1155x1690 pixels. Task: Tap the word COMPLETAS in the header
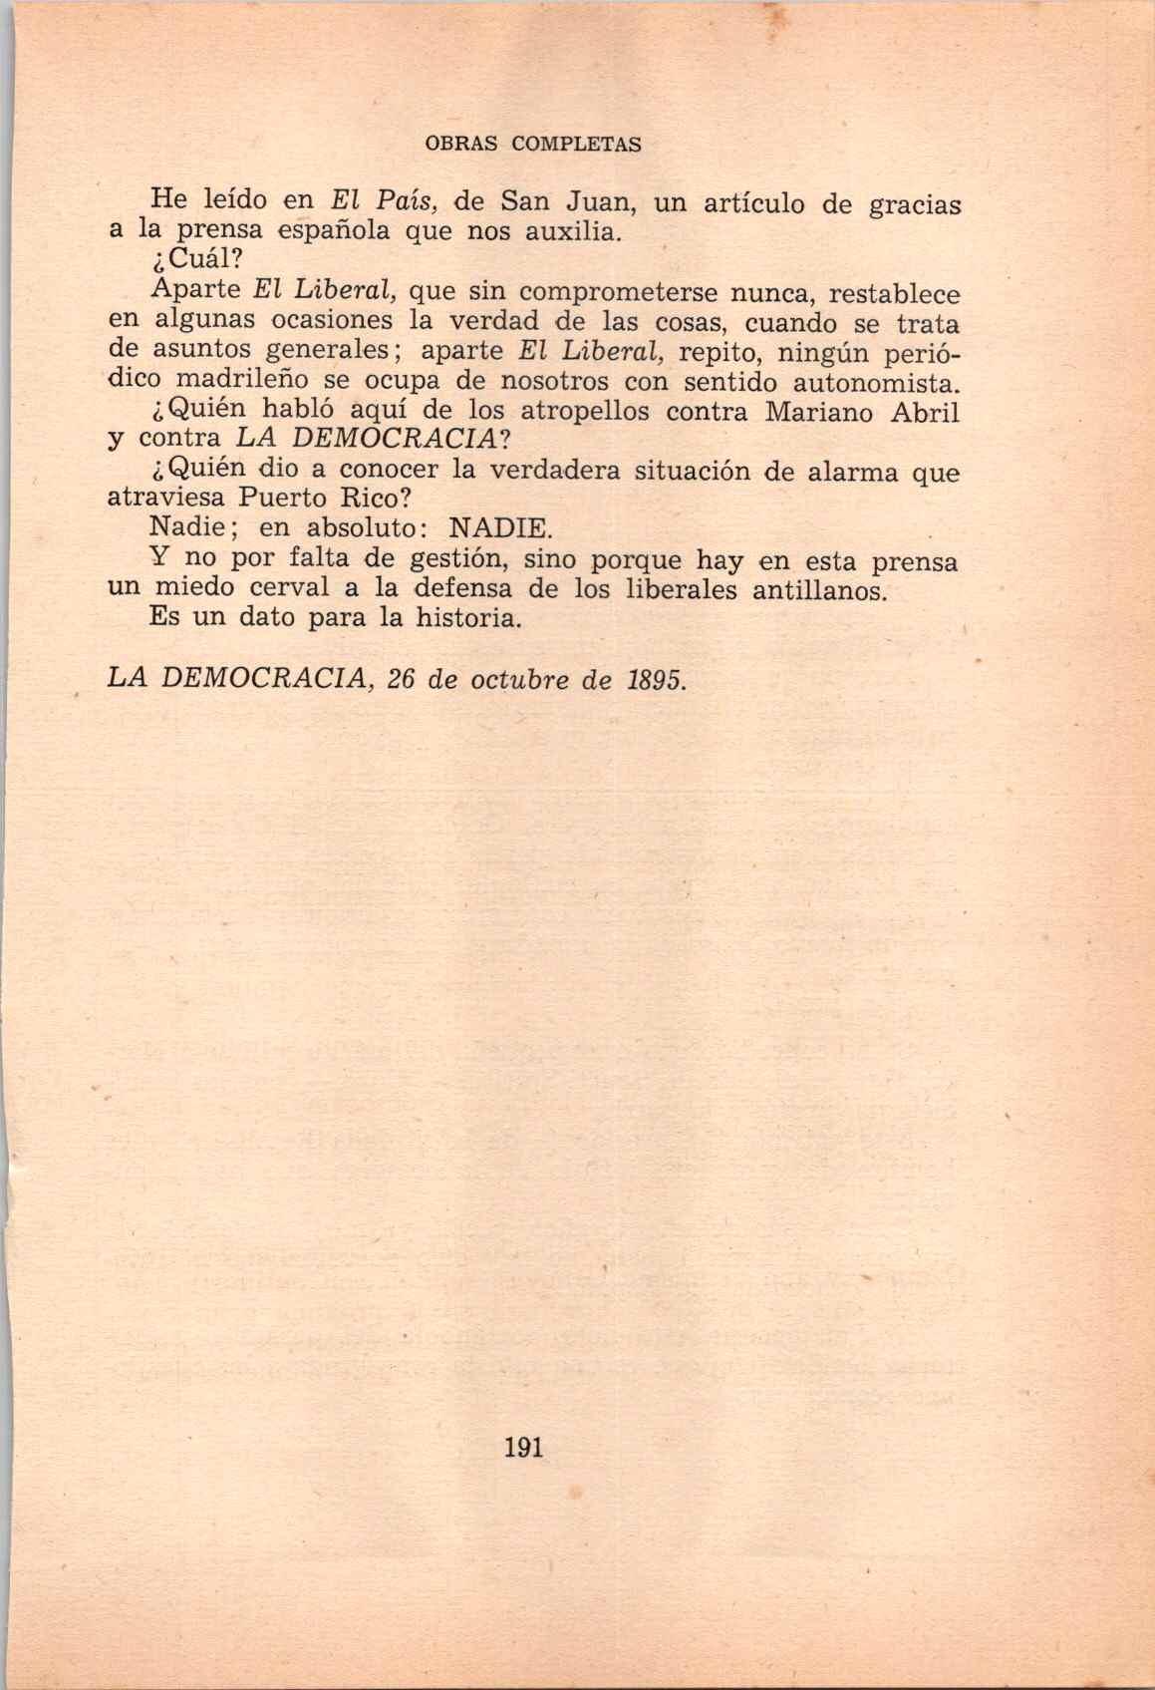[576, 144]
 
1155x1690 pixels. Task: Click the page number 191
[523, 1447]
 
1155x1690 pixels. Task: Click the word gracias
[915, 206]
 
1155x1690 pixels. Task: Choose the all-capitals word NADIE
[500, 526]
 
